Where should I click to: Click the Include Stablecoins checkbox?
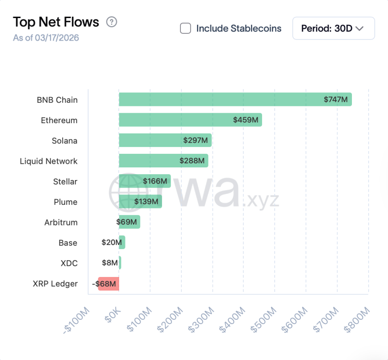[185, 28]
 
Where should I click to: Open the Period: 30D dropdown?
[333, 28]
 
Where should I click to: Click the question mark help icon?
[111, 22]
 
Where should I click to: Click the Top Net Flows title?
[56, 22]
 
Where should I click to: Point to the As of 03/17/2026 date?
[46, 38]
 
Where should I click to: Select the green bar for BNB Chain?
[235, 100]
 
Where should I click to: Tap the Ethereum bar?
[190, 120]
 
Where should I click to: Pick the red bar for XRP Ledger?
[109, 284]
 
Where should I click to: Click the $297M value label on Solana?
[195, 141]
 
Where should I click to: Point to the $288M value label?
[192, 161]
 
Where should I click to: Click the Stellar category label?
[65, 182]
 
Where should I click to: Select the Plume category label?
[65, 202]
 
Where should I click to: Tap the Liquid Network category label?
[49, 161]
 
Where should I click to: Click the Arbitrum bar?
[129, 222]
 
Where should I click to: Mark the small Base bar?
[122, 243]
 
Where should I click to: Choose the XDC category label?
[69, 263]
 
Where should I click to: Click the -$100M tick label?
[77, 320]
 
